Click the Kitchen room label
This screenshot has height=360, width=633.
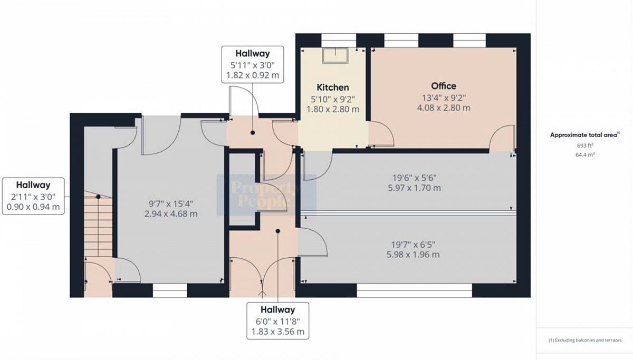click(x=333, y=87)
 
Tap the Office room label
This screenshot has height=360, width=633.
click(x=444, y=86)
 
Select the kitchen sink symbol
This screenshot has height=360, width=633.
click(x=335, y=55)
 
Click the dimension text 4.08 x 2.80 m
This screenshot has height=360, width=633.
click(x=444, y=108)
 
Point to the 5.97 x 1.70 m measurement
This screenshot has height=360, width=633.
click(x=414, y=188)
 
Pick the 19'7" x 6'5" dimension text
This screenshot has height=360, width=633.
click(x=413, y=245)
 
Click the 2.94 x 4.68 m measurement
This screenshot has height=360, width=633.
click(x=171, y=214)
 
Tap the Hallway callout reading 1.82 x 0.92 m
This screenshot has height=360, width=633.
click(x=253, y=65)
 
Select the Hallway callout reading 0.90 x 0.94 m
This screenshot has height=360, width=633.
click(x=33, y=196)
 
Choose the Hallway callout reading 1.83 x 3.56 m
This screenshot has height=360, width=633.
click(x=278, y=321)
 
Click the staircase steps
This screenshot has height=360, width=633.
click(x=98, y=224)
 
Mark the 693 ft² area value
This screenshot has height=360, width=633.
click(x=585, y=145)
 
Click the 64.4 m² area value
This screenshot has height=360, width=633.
click(x=585, y=155)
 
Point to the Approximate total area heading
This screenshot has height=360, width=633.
click(x=585, y=135)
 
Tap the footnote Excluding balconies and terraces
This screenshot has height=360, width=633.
click(x=585, y=340)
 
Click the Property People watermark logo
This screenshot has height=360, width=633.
click(x=266, y=195)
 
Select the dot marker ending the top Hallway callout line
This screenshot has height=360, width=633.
click(x=253, y=133)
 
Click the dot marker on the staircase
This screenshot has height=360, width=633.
click(x=98, y=197)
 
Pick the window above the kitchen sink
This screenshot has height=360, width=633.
click(x=339, y=41)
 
